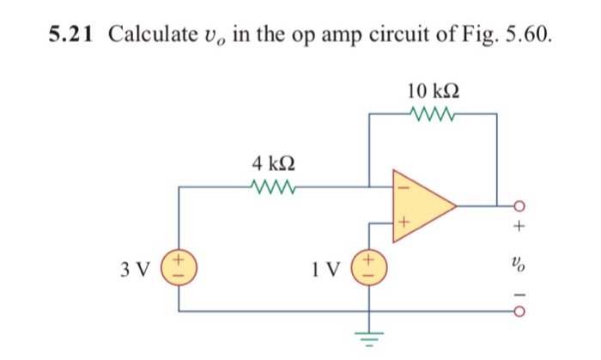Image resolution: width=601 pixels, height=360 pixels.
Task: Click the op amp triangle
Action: [421, 205]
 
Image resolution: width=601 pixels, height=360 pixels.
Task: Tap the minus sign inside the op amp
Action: [398, 187]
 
